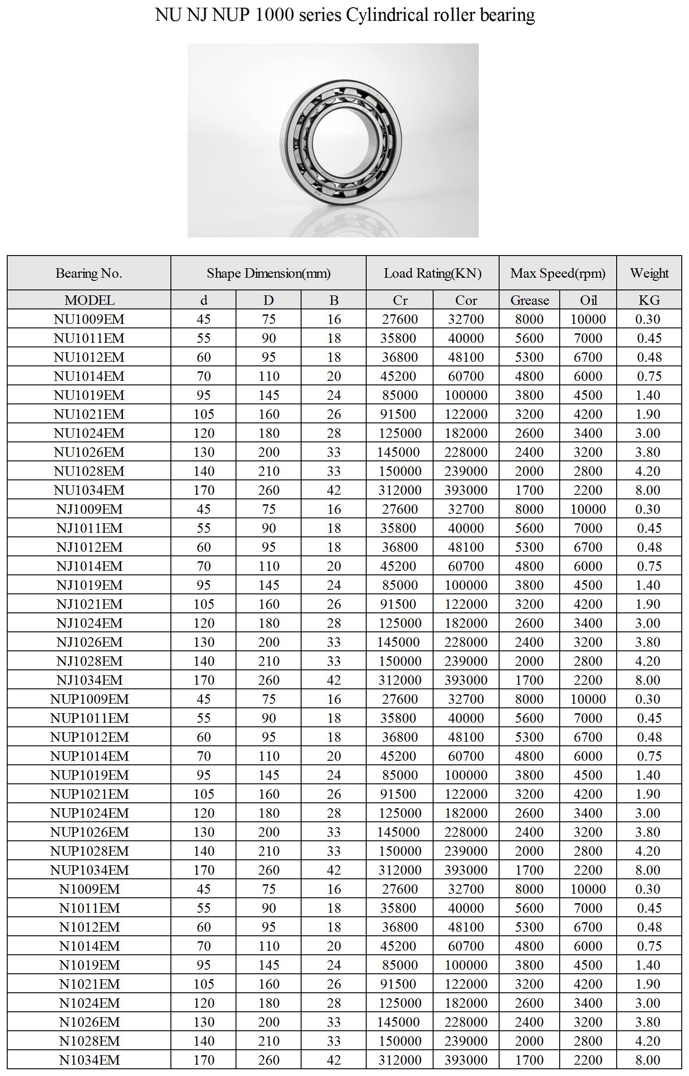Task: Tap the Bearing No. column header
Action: click(89, 273)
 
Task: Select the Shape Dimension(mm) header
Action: click(269, 273)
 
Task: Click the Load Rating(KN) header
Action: click(433, 273)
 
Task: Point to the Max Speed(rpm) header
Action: click(558, 273)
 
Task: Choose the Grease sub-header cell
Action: click(529, 300)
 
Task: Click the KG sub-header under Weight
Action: click(649, 300)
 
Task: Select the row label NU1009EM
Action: click(89, 319)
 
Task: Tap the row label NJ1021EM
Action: click(90, 604)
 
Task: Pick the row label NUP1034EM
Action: click(90, 870)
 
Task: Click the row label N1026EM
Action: click(90, 1022)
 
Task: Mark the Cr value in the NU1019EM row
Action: click(400, 395)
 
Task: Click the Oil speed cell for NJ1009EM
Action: click(588, 509)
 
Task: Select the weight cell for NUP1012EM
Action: click(649, 737)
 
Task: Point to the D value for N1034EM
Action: click(269, 1060)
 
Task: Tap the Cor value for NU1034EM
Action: click(466, 490)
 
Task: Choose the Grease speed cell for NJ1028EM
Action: click(529, 661)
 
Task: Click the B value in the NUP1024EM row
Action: click(334, 813)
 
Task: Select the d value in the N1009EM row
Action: click(203, 889)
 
